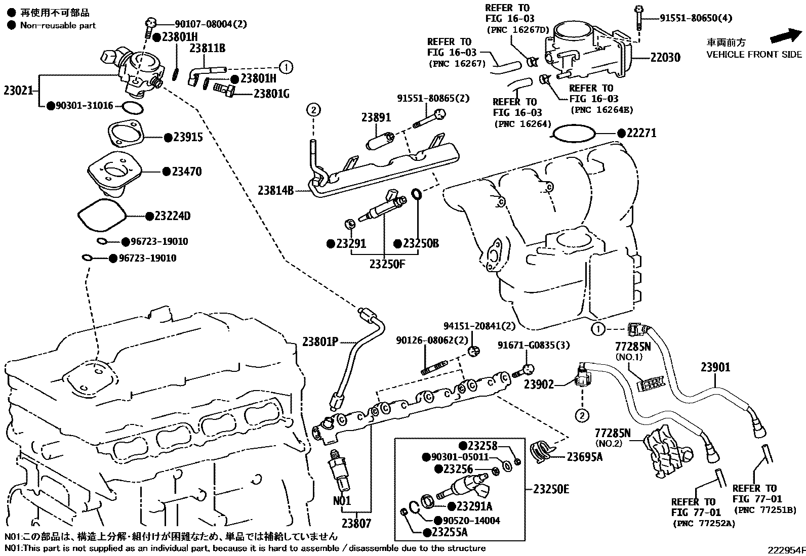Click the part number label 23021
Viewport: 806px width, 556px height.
pyautogui.click(x=18, y=91)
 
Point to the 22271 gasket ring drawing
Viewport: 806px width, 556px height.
pyautogui.click(x=574, y=133)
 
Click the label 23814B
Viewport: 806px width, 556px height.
pyautogui.click(x=275, y=191)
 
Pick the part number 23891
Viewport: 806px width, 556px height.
pyautogui.click(x=376, y=117)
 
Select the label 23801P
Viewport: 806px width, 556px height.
pyautogui.click(x=320, y=341)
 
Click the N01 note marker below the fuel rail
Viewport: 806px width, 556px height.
pyautogui.click(x=342, y=501)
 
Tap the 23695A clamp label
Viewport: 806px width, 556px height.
pyautogui.click(x=584, y=457)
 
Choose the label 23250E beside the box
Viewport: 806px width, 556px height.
pyautogui.click(x=551, y=489)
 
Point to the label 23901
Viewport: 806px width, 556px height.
pyautogui.click(x=715, y=367)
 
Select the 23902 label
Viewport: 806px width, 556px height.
pyautogui.click(x=539, y=384)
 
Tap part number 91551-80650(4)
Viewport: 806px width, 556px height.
pyautogui.click(x=696, y=18)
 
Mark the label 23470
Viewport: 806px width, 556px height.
pyautogui.click(x=186, y=172)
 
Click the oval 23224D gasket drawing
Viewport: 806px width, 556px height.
pyautogui.click(x=102, y=217)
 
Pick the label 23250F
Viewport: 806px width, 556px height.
pyautogui.click(x=387, y=264)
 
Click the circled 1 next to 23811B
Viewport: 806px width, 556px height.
pyautogui.click(x=286, y=66)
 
